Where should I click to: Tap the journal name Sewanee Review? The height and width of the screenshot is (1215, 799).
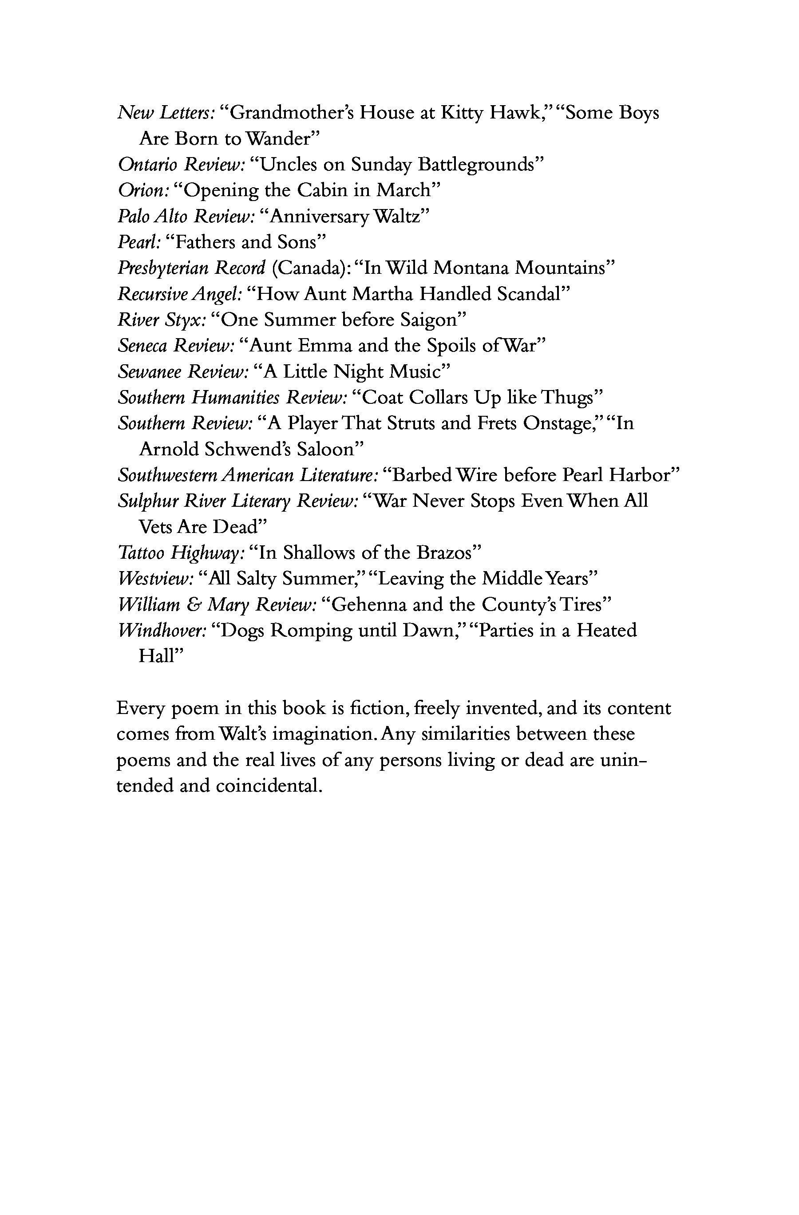183,372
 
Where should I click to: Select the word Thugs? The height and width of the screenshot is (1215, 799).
572,398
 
